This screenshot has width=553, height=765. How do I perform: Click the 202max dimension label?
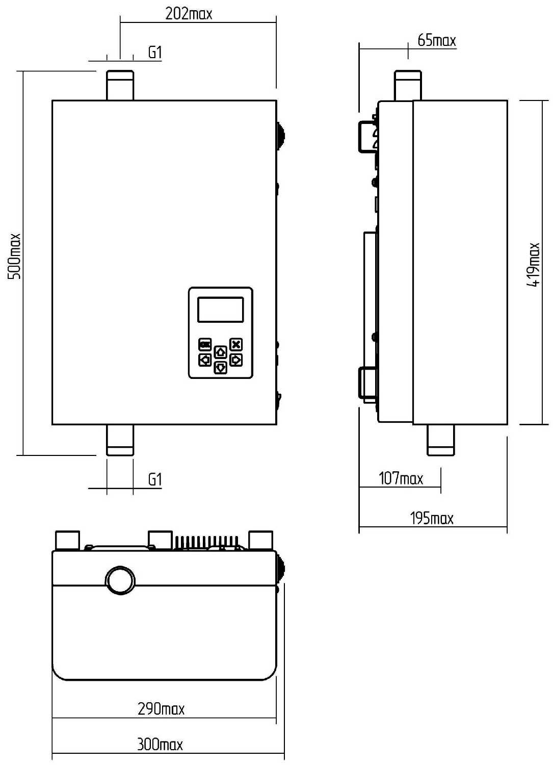click(189, 14)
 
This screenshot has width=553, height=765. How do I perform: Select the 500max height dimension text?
click(14, 256)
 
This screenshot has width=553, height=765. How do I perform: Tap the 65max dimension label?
click(437, 41)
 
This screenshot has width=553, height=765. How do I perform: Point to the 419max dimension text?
click(533, 264)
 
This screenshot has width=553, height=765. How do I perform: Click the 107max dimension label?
click(401, 478)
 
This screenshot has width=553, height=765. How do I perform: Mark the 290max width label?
click(161, 709)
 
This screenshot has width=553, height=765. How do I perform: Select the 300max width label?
click(160, 745)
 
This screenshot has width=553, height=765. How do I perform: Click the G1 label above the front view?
click(155, 53)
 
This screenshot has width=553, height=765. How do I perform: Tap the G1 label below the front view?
click(155, 479)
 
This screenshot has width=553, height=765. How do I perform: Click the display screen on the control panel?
click(221, 310)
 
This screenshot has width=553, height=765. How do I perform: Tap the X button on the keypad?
click(236, 344)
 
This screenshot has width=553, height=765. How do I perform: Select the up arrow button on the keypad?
click(221, 352)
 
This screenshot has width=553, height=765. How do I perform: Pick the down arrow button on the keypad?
click(221, 368)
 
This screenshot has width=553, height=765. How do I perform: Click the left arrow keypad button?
click(205, 360)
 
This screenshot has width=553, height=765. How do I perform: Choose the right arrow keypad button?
click(236, 360)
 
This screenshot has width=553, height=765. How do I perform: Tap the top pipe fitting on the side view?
click(408, 85)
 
